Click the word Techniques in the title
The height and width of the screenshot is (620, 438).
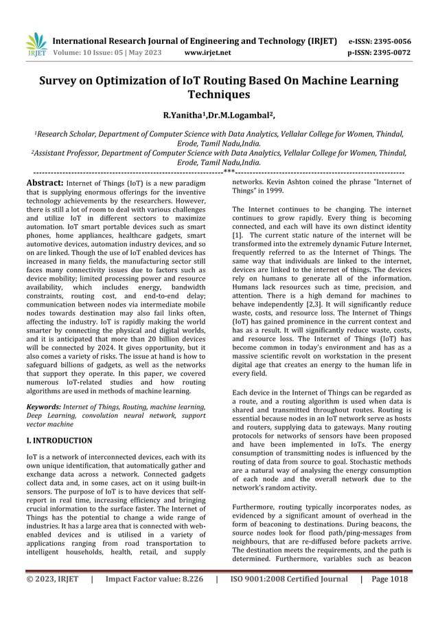pos(219,95)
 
